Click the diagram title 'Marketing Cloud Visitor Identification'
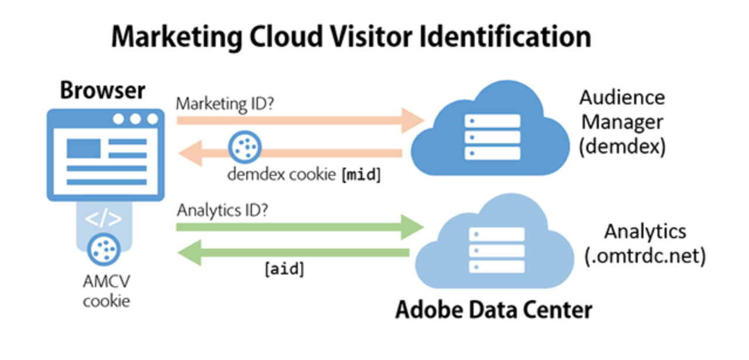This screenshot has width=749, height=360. pyautogui.click(x=352, y=37)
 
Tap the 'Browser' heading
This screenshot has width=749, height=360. pyautogui.click(x=103, y=90)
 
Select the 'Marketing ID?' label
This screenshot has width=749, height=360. pyautogui.click(x=225, y=104)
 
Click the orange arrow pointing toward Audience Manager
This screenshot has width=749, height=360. pyautogui.click(x=301, y=120)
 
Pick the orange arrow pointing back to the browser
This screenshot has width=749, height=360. pyautogui.click(x=290, y=153)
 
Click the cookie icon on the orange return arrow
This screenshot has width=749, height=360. pyautogui.click(x=245, y=147)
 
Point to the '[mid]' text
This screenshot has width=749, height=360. pyautogui.click(x=361, y=175)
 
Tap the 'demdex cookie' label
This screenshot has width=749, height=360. pyautogui.click(x=281, y=174)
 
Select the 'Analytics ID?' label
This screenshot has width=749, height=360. pyautogui.click(x=222, y=210)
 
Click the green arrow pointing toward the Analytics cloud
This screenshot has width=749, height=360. pyautogui.click(x=300, y=227)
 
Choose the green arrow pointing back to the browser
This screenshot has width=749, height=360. pyautogui.click(x=293, y=253)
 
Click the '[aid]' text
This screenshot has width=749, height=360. pyautogui.click(x=285, y=269)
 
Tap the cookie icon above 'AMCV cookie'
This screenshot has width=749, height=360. pyautogui.click(x=104, y=250)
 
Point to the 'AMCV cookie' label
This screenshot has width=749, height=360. pyautogui.click(x=107, y=291)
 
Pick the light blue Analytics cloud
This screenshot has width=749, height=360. pyautogui.click(x=495, y=241)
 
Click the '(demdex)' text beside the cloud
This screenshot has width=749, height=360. pyautogui.click(x=622, y=147)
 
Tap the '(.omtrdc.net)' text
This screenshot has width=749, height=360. pyautogui.click(x=645, y=256)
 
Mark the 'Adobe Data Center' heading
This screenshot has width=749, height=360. pyautogui.click(x=494, y=310)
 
